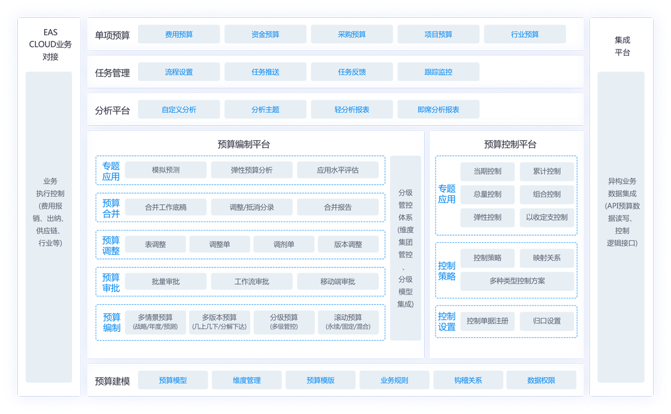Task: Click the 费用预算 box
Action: coord(179,34)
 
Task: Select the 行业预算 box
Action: coord(524,34)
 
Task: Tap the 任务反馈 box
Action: coord(352,72)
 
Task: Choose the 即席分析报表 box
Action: coord(438,110)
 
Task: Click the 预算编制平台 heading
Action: coord(244,144)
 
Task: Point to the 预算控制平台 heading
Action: coord(510,144)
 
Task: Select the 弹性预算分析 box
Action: coord(252,170)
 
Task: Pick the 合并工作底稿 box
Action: coord(166,207)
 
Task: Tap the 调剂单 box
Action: coord(283,244)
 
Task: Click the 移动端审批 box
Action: coord(338,281)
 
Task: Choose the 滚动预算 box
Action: coord(348,322)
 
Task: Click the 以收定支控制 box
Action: coord(546,217)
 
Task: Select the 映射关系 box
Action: coord(546,258)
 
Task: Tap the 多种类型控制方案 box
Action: coord(517,281)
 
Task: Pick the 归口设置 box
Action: coord(546,321)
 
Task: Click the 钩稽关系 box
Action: coord(468,380)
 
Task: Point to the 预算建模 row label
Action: coord(112,381)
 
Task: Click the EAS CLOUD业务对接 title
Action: coord(50,45)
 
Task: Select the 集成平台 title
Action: coord(622,46)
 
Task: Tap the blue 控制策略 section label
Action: coord(447,271)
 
